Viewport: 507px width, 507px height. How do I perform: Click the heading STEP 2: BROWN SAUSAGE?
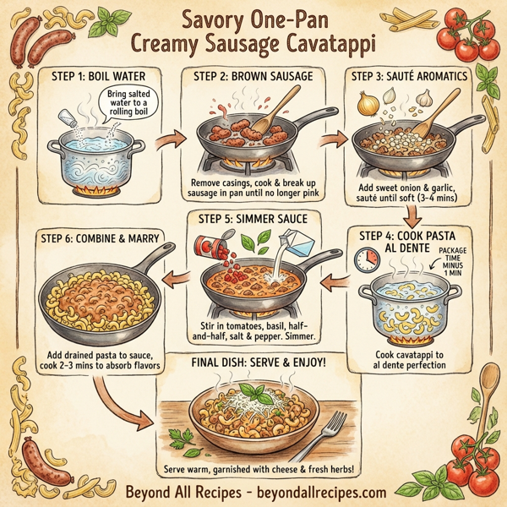click(x=249, y=77)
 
